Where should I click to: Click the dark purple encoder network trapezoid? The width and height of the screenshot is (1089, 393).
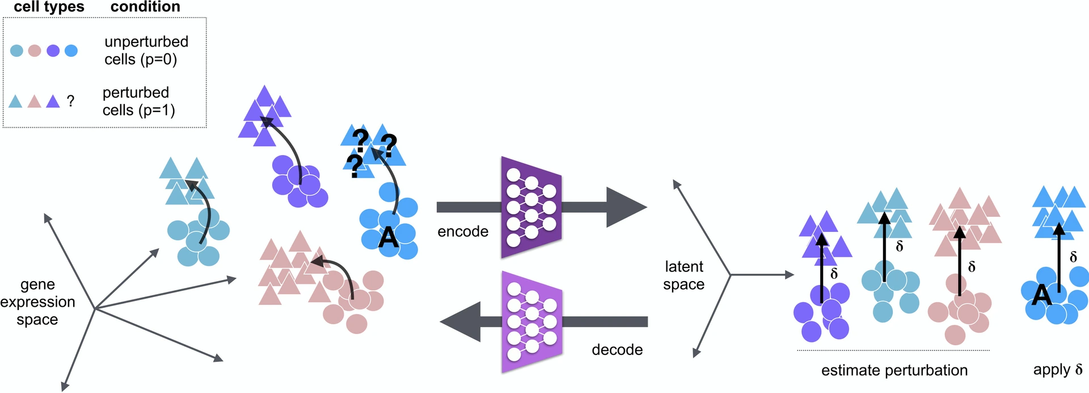531,207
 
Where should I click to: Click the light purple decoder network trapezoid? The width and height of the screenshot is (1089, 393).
531,322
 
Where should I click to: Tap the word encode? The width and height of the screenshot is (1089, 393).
463,232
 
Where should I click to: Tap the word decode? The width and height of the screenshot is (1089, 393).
617,350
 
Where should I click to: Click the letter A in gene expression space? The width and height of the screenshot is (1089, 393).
389,237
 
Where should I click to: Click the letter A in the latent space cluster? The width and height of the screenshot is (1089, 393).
1042,295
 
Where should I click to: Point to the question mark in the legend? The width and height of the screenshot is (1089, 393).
70,101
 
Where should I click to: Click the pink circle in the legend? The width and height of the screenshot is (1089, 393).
35,51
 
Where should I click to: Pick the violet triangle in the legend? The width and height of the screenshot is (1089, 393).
53,102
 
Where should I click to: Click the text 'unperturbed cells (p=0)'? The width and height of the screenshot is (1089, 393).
146,51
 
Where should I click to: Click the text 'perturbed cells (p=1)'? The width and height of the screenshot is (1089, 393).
138,101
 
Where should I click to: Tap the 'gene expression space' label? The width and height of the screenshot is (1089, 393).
37,302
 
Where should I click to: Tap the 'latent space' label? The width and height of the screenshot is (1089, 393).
683,275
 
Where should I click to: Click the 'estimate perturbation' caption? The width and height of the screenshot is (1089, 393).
894,370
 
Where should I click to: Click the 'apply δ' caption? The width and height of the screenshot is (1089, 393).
1058,370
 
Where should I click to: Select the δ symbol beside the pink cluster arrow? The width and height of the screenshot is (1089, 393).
972,266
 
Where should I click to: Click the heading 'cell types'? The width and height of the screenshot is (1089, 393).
49,7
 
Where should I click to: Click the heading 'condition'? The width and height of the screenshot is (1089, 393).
145,7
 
